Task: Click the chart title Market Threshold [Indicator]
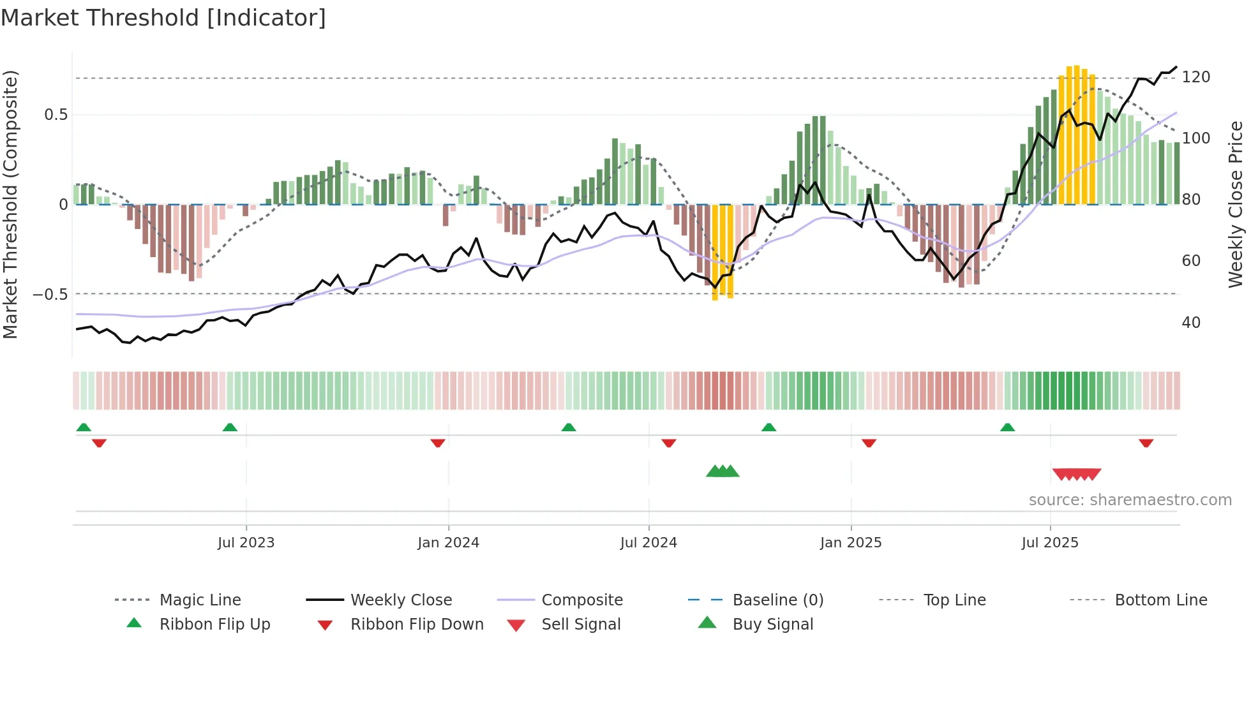[x=163, y=18]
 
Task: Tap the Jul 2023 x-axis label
[x=246, y=543]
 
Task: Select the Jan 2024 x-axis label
[x=448, y=543]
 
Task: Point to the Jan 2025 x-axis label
[x=850, y=543]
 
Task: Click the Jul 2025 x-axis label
[x=1049, y=543]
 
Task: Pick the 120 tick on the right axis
[x=1195, y=77]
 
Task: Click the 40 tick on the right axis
[x=1191, y=323]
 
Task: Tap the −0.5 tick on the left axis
[x=50, y=295]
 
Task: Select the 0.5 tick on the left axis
[x=56, y=115]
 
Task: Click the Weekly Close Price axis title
[x=1236, y=204]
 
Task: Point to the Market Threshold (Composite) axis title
[x=10, y=204]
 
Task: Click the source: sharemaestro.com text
[x=1130, y=500]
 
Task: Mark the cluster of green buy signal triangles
[x=723, y=471]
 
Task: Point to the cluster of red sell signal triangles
[x=1076, y=474]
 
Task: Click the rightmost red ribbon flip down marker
[x=1146, y=443]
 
